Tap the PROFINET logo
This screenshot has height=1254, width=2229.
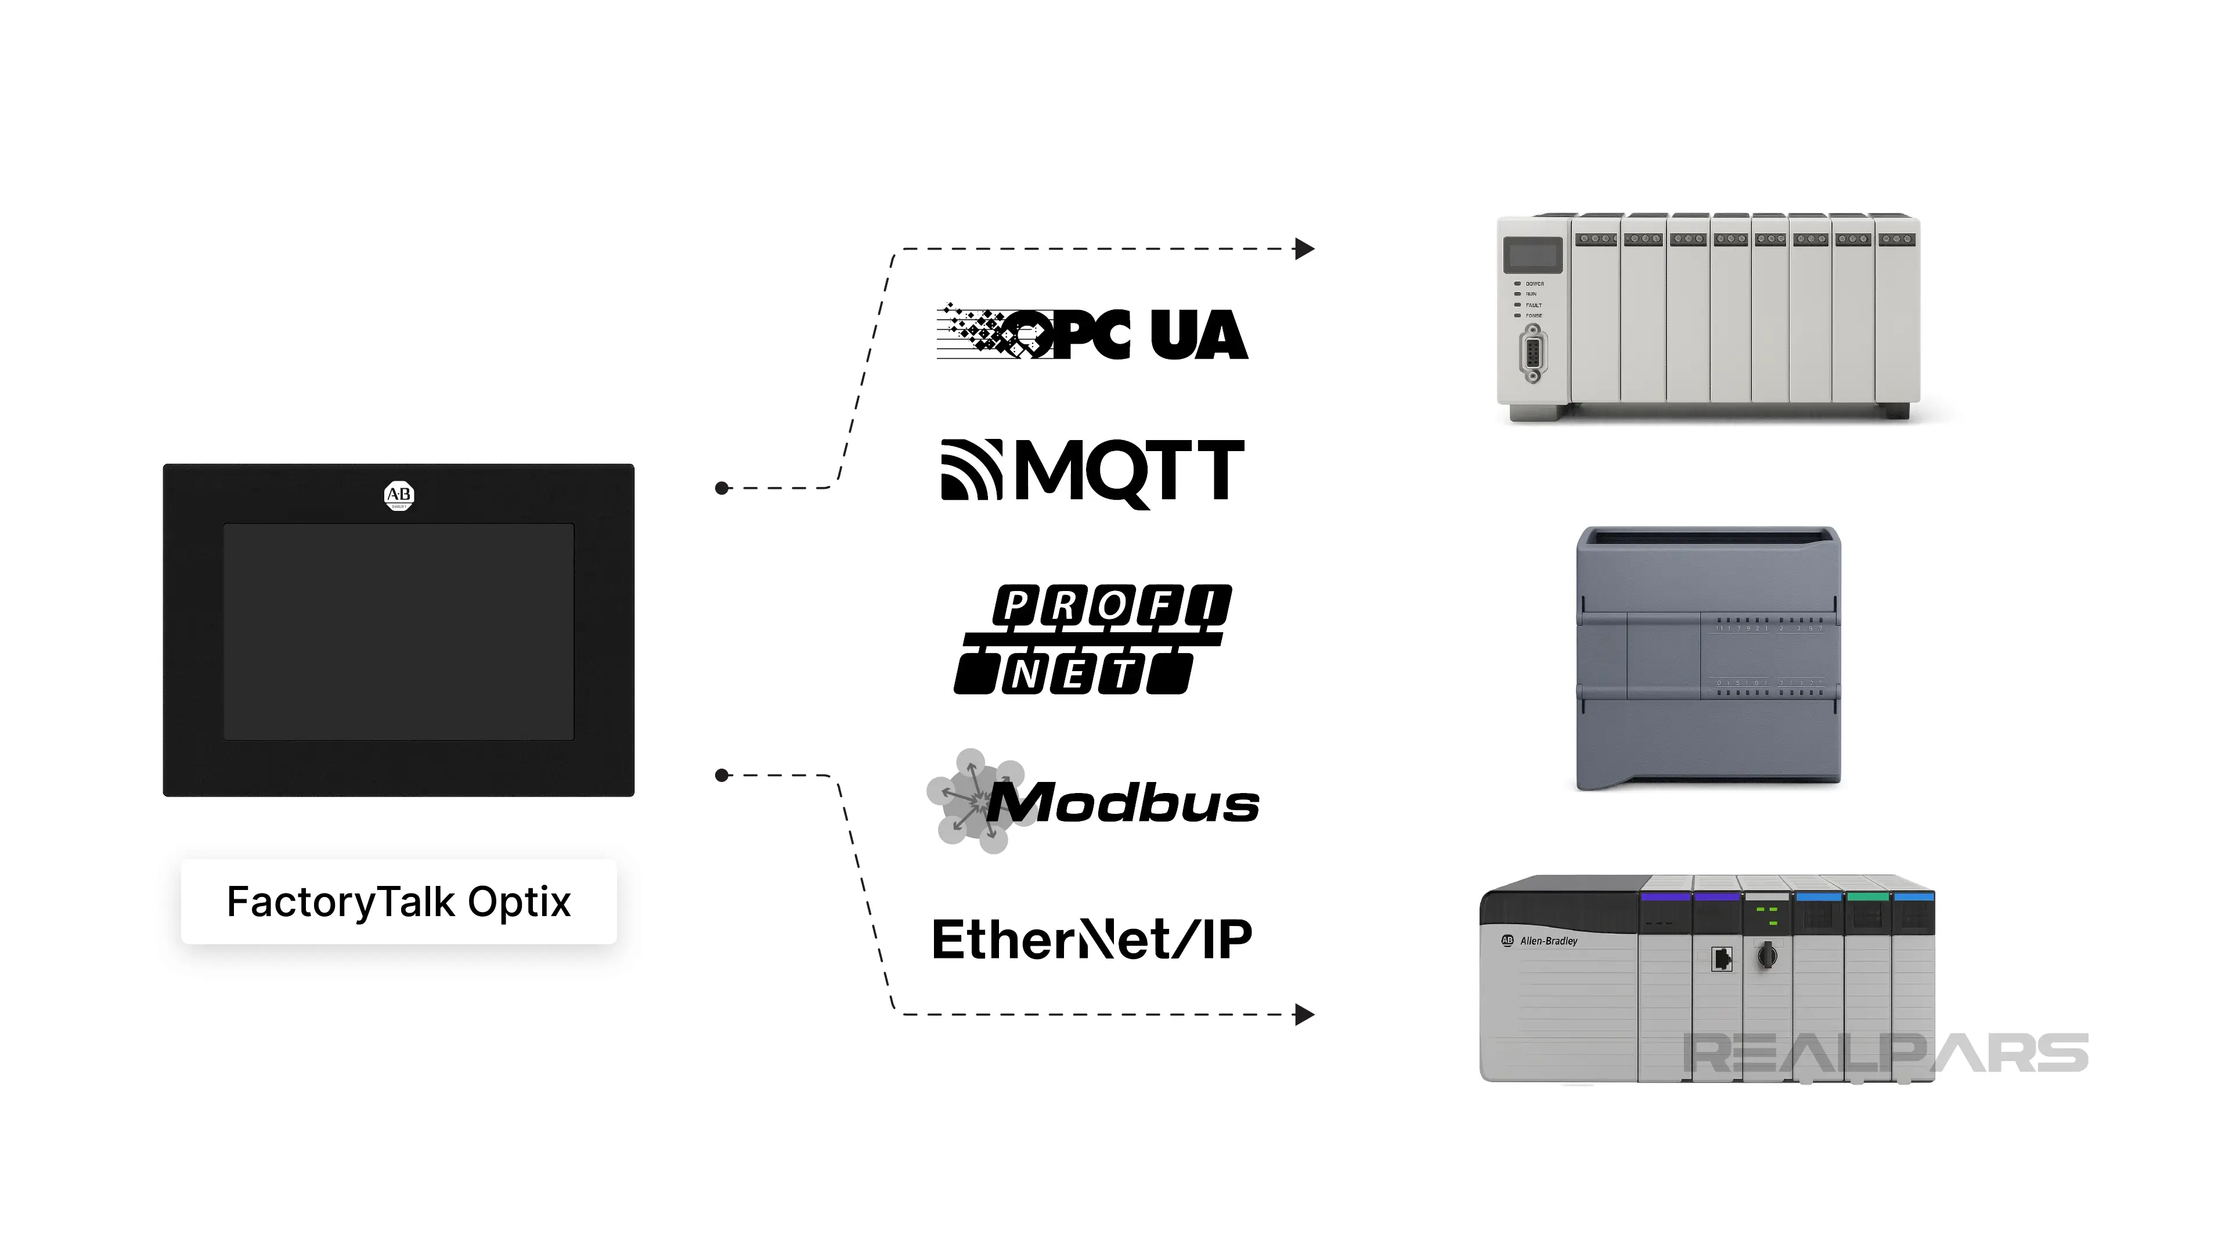tap(1092, 639)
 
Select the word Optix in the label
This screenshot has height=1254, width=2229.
tap(519, 902)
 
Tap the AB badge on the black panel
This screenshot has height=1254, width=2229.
tap(399, 495)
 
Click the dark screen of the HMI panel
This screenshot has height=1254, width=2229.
tap(399, 632)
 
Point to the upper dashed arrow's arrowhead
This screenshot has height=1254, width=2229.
tap(1305, 249)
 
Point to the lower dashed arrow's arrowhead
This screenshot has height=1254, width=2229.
tap(1305, 1014)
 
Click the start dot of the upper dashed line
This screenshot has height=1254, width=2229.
tap(722, 488)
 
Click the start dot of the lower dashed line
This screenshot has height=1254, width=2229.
tap(722, 776)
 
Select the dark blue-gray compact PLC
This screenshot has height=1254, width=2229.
tap(1708, 658)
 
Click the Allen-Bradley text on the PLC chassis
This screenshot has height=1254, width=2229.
tap(1549, 941)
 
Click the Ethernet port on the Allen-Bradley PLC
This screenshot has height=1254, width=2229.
tap(1721, 959)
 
